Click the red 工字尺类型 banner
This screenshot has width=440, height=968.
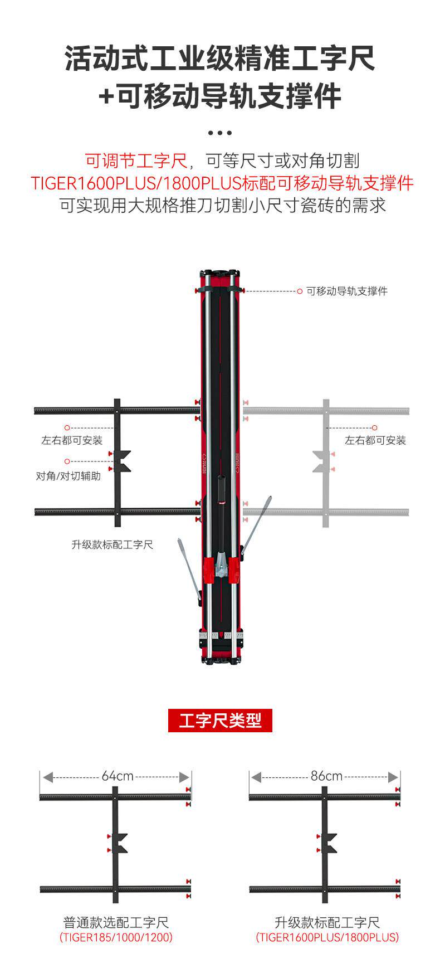220,721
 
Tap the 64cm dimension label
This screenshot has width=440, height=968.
117,776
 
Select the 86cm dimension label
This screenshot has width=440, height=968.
326,776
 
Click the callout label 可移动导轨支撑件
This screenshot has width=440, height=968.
346,291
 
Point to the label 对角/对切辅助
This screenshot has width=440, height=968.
68,476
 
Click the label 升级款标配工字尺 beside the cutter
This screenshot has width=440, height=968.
112,544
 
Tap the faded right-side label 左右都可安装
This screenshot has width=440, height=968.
375,440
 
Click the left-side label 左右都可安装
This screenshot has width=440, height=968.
72,440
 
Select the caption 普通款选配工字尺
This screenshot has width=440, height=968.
116,922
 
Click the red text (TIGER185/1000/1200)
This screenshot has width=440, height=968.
116,937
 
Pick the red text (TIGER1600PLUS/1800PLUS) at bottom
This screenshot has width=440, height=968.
327,937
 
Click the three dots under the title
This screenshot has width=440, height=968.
219,133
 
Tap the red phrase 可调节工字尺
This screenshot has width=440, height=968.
136,161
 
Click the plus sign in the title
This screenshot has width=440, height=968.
105,96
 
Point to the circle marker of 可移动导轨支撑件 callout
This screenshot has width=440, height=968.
300,291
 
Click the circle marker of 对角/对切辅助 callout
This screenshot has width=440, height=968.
67,461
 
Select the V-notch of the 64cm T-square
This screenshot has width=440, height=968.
120,843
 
